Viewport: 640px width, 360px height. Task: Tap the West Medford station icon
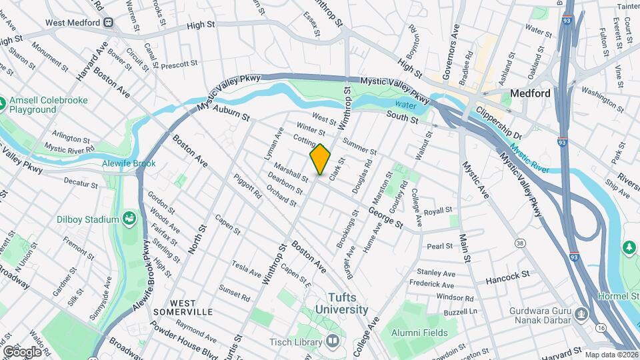(109, 22)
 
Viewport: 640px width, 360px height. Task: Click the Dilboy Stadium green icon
(129, 219)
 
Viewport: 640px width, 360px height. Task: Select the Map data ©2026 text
(611, 355)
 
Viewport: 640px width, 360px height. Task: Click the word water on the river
(405, 105)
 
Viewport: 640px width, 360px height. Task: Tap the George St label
(386, 217)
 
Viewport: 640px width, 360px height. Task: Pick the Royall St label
(438, 211)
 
